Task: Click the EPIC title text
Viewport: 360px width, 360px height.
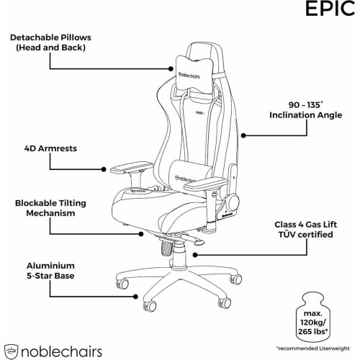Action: [330, 9]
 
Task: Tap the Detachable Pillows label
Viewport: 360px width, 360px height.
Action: [50, 42]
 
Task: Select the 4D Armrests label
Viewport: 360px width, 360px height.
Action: [50, 148]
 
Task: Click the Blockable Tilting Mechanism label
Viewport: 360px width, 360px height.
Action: [50, 208]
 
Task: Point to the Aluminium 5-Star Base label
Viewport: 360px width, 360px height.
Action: [50, 271]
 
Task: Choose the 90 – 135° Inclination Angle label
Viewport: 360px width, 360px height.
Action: [306, 110]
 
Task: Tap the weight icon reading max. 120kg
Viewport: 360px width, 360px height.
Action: [312, 318]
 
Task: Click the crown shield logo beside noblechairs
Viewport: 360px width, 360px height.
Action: [11, 352]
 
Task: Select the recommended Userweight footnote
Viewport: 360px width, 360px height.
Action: [312, 348]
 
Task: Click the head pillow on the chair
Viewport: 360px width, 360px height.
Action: [194, 74]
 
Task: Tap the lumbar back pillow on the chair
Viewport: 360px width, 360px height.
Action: [190, 176]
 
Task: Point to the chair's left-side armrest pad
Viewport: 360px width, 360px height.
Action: [132, 167]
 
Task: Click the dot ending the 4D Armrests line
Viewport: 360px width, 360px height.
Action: [104, 169]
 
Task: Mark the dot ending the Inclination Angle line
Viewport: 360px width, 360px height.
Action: [243, 135]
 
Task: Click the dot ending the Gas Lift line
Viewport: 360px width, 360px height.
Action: [195, 255]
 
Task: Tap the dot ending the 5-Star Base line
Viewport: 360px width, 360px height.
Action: [135, 297]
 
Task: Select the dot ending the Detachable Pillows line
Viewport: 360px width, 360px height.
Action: [171, 69]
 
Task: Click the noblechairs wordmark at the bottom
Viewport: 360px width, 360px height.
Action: [61, 352]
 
